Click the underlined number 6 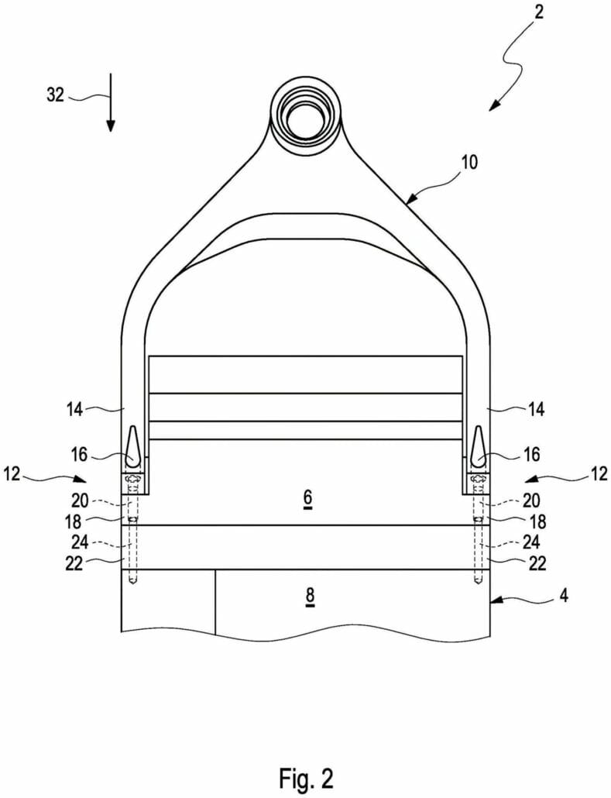point(307,500)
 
